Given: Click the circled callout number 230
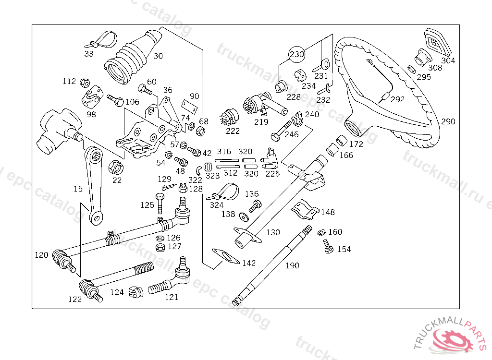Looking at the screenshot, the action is (x=296, y=54).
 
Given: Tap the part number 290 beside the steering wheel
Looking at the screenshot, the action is (x=448, y=121).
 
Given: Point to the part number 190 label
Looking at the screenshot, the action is (x=292, y=265).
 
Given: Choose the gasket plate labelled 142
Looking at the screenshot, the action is (x=226, y=256).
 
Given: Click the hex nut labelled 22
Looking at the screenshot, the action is (x=116, y=168).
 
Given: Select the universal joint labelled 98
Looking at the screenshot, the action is (x=92, y=97).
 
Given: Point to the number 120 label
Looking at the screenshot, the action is (x=41, y=255).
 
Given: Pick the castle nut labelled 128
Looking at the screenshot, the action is (x=183, y=188).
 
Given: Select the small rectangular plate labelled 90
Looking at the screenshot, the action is (x=189, y=106).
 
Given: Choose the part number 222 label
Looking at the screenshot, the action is (x=233, y=131).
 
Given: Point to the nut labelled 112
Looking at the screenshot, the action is (x=85, y=83).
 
